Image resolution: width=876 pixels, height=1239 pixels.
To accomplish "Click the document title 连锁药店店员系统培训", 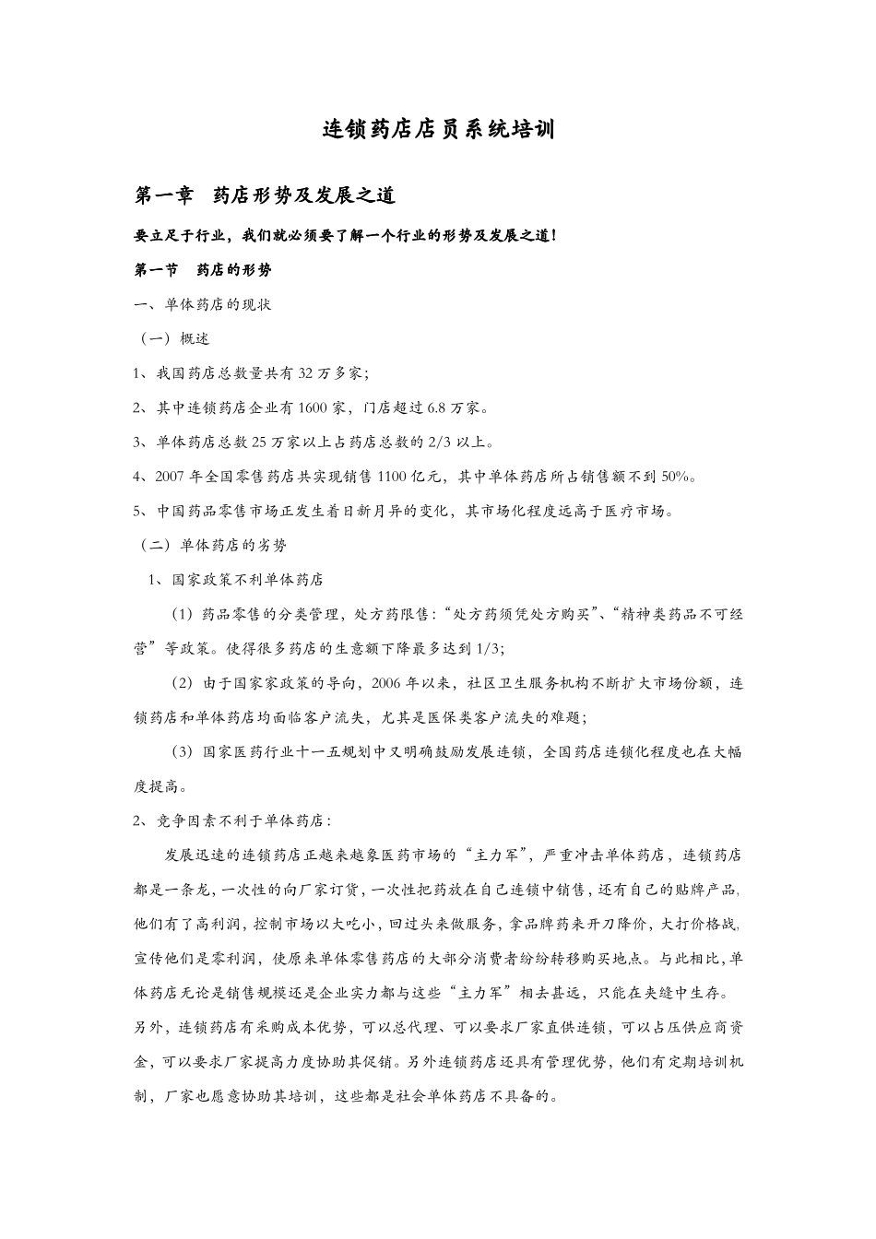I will [438, 130].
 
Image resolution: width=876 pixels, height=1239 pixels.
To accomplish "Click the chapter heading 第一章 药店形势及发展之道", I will [265, 195].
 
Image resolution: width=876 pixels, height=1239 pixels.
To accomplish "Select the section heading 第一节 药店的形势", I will [203, 270].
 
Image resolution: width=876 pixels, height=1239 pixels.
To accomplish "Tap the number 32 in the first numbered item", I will [308, 373].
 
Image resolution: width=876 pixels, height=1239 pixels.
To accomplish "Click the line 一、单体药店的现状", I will [203, 304].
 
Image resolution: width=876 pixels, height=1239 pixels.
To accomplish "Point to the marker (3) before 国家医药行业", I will [183, 751].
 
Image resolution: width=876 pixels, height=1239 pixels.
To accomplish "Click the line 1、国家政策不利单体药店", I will [236, 580].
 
